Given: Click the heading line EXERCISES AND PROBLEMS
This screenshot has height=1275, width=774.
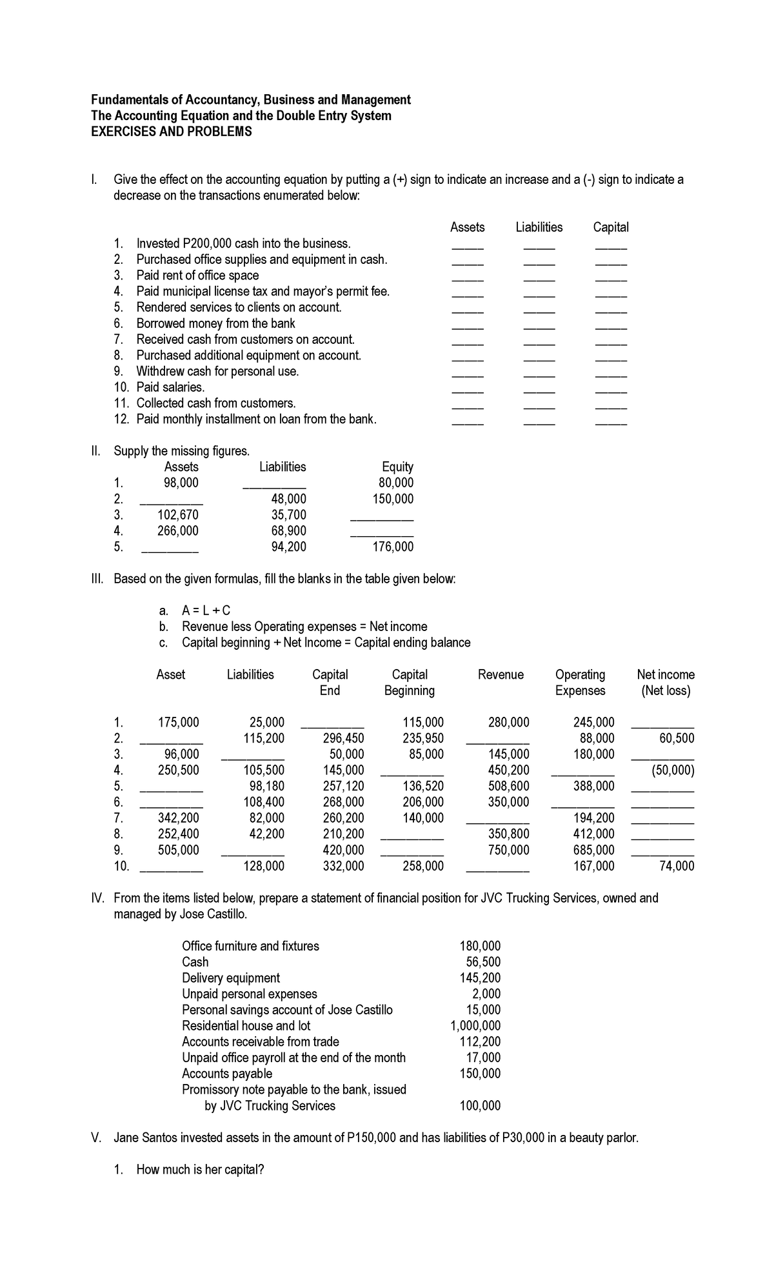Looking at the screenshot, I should pos(171,132).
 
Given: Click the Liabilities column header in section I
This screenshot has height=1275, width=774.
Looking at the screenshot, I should pos(539,227).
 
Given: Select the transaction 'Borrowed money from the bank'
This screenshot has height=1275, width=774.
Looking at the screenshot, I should pos(215,323).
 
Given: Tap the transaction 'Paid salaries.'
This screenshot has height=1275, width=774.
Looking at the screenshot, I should pos(170,387).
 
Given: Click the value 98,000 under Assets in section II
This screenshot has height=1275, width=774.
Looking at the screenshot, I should pos(181,483).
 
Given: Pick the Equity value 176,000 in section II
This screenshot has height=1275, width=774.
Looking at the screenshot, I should pos(393,547).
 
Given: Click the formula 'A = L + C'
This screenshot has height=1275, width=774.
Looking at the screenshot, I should pos(206,610).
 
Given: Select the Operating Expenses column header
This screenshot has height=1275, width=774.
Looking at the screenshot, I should pos(580,683).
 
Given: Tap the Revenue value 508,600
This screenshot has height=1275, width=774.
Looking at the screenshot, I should pos(509,786).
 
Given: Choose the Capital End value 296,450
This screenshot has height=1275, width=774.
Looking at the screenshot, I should pos(343,738).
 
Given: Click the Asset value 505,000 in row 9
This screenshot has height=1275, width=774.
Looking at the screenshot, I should pos(179,850).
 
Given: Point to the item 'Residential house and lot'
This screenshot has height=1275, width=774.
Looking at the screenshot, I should pos(246,1025).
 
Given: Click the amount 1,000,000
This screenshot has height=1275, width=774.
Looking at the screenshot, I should pos(475,1025).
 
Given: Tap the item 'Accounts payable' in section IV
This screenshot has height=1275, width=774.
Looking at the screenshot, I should pos(226,1073).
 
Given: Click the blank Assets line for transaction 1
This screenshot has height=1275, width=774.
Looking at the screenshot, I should pos(467,248).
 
